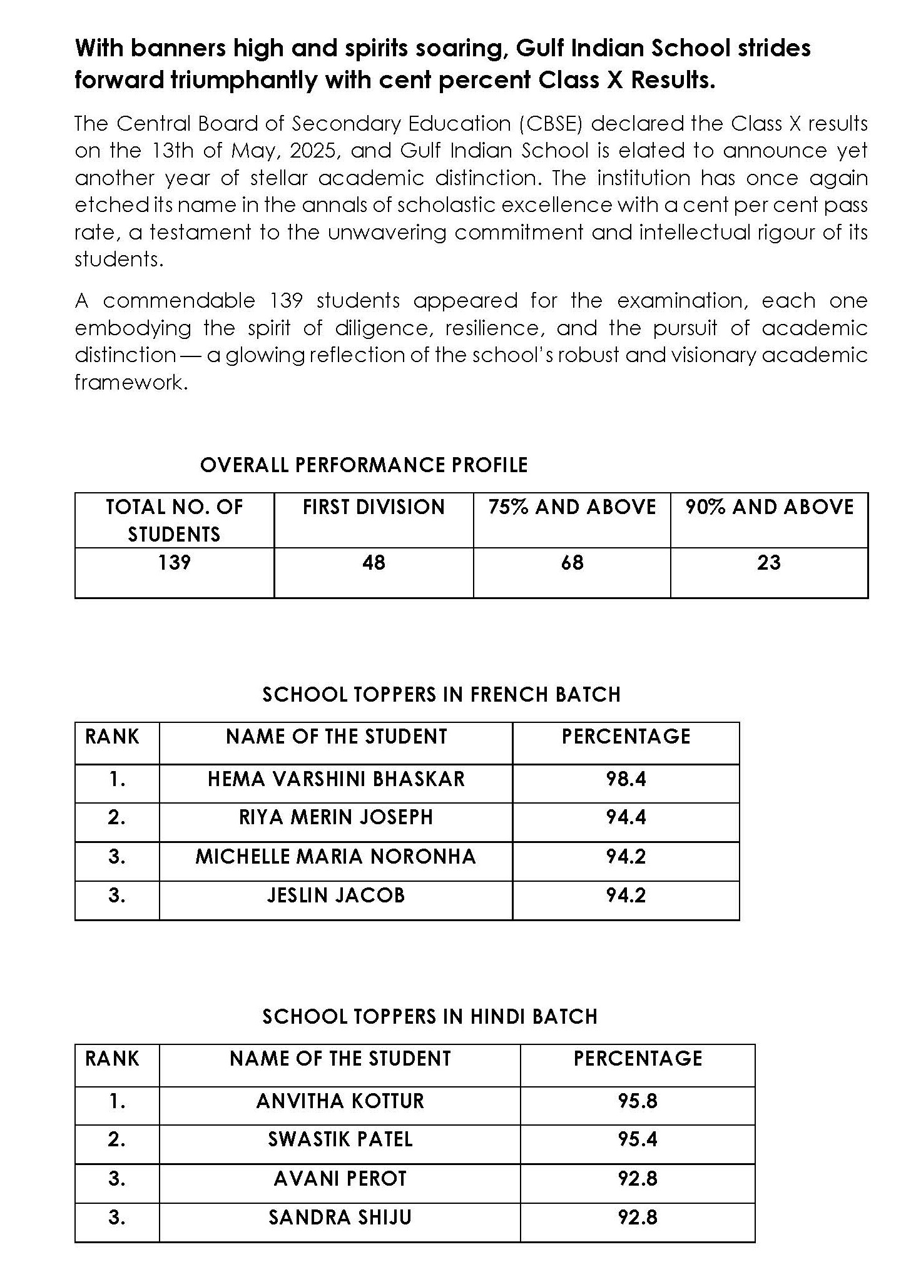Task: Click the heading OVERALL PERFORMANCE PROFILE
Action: click(364, 465)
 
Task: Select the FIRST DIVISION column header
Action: click(374, 507)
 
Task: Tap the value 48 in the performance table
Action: click(374, 563)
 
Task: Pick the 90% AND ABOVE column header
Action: click(769, 507)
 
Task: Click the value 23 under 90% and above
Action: click(769, 563)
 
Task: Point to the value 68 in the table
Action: click(572, 563)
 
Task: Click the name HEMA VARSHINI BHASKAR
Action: click(336, 779)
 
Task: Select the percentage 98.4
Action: click(626, 779)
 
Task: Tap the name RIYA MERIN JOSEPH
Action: click(336, 817)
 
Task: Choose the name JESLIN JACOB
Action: click(336, 896)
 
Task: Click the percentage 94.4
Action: click(626, 817)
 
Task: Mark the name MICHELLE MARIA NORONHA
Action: click(336, 857)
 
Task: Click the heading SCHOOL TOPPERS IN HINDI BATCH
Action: click(430, 1017)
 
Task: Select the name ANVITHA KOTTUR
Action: click(340, 1101)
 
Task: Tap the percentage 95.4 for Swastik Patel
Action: click(638, 1139)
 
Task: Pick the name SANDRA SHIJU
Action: click(340, 1218)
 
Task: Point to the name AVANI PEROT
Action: click(340, 1179)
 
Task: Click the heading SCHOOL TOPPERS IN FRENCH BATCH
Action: click(441, 695)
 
